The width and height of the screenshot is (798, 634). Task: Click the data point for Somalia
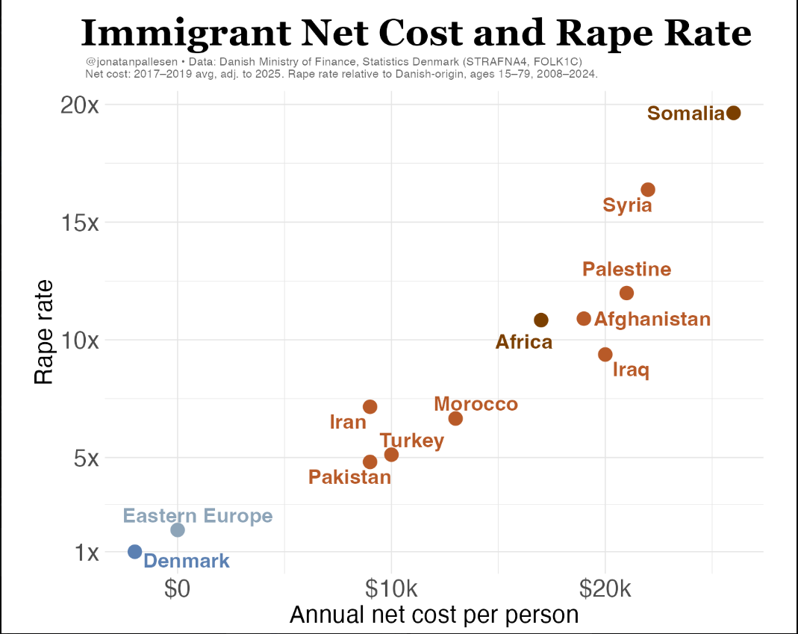[x=733, y=113]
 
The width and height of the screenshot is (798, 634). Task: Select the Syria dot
[x=648, y=190]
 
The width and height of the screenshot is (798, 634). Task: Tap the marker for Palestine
[x=626, y=293]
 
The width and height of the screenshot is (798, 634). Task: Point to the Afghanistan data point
[x=584, y=319]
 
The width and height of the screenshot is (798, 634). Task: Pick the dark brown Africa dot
[x=541, y=320]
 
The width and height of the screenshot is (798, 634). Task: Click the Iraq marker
[x=605, y=355]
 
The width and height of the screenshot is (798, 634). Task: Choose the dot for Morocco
[x=455, y=419]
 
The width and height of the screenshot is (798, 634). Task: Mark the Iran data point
[x=370, y=407]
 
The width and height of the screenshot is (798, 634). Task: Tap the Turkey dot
[x=391, y=455]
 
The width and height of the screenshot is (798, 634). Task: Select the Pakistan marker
[x=370, y=462]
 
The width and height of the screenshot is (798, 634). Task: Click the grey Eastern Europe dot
[x=177, y=530]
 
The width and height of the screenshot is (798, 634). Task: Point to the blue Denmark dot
[x=134, y=552]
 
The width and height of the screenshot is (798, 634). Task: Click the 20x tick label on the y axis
[x=80, y=105]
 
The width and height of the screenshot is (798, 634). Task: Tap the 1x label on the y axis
[x=87, y=552]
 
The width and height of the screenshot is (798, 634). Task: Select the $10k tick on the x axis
[x=391, y=588]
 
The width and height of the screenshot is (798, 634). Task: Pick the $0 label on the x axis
[x=177, y=588]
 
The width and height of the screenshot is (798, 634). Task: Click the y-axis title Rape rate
[x=44, y=332]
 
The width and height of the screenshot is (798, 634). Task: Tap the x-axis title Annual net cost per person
[x=434, y=615]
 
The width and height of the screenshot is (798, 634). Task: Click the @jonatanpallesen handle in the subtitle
[x=131, y=62]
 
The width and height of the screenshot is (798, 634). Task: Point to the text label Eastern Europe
[x=198, y=516]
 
